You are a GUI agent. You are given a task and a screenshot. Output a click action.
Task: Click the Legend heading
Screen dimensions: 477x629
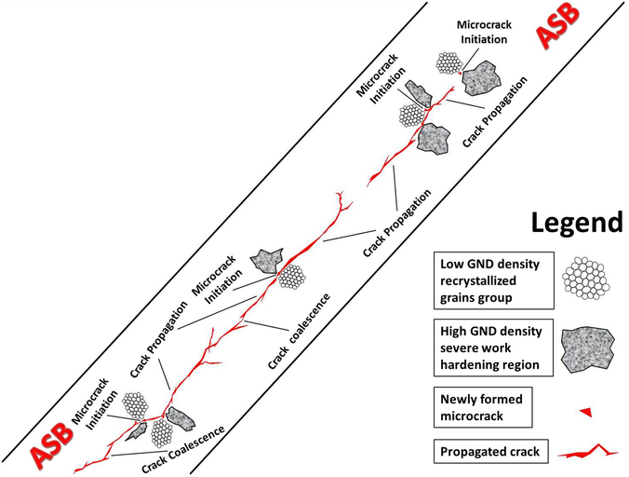[x=576, y=223]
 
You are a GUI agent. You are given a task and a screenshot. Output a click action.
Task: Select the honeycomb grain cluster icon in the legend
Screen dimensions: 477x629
[x=586, y=276]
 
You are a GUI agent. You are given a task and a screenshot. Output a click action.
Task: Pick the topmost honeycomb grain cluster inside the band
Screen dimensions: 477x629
[x=449, y=62]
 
